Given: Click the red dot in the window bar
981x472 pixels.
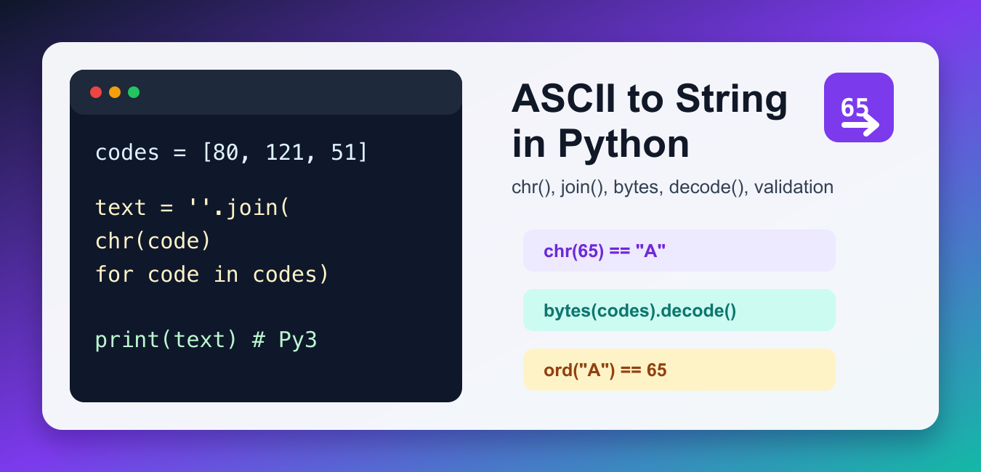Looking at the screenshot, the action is point(96,92).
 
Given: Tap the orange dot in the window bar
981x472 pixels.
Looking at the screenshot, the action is point(115,92).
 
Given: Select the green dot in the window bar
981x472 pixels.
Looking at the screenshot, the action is point(134,92).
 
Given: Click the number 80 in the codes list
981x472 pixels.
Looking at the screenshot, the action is point(225,152).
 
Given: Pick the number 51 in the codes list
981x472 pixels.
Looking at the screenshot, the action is point(343,152).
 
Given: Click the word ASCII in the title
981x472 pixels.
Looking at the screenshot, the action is point(563,99).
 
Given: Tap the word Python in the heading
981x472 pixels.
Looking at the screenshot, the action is point(623,145).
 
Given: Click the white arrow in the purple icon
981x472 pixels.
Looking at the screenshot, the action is point(860,125).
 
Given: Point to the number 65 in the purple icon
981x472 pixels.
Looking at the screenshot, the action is point(854,107).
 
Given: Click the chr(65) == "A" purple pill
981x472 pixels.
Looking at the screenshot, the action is point(679,251).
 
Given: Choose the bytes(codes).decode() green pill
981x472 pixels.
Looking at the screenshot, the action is point(679,310).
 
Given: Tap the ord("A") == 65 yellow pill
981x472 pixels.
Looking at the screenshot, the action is point(679,370).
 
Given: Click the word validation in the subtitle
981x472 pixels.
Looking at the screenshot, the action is point(794,187).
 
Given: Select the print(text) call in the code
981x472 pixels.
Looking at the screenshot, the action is point(166,340).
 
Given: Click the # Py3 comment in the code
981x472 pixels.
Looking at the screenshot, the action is point(284,340).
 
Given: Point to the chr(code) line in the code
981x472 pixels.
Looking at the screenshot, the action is point(153,241).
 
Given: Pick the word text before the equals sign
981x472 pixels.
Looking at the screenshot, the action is point(121,208).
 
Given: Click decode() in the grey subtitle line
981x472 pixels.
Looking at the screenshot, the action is point(708,187).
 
